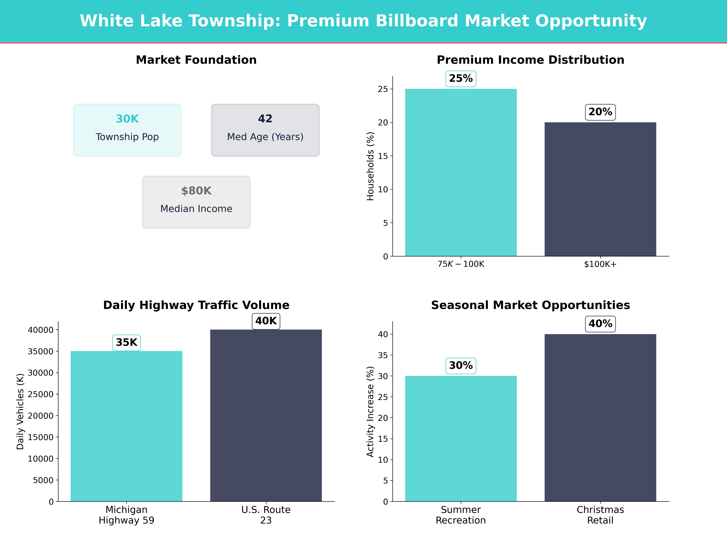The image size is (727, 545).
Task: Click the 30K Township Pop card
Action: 127,130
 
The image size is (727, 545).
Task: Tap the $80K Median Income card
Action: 196,202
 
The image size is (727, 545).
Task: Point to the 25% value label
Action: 461,79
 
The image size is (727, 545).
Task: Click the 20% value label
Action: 600,112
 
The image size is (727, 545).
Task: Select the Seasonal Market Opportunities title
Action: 530,305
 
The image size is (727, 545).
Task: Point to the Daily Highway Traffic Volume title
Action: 196,305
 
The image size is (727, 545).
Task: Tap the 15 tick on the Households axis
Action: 383,156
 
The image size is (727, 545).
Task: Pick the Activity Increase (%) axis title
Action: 370,412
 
